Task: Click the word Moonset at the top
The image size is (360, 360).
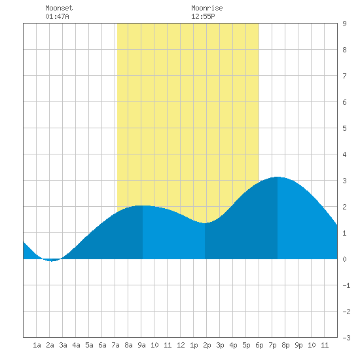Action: pyautogui.click(x=59, y=8)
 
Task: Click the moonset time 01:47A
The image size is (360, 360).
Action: pyautogui.click(x=57, y=16)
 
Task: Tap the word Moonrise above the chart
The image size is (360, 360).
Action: pyautogui.click(x=207, y=8)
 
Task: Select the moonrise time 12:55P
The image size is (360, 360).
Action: pyautogui.click(x=203, y=16)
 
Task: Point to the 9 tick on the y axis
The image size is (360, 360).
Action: pyautogui.click(x=344, y=24)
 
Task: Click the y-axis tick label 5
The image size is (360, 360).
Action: pyautogui.click(x=344, y=128)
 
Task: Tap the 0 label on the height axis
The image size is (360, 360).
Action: pyautogui.click(x=344, y=259)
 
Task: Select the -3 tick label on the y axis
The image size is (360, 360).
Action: pyautogui.click(x=346, y=338)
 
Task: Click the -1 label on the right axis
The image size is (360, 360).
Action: pyautogui.click(x=346, y=285)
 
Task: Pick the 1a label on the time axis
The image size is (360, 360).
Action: pyautogui.click(x=37, y=345)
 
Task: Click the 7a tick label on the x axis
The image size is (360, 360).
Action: pyautogui.click(x=115, y=345)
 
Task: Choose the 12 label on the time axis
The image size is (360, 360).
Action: pyautogui.click(x=181, y=345)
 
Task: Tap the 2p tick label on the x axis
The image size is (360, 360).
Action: pyautogui.click(x=207, y=345)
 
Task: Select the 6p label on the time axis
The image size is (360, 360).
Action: pyautogui.click(x=259, y=345)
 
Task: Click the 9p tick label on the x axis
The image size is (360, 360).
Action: pyautogui.click(x=298, y=345)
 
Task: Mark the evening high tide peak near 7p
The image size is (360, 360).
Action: pyautogui.click(x=278, y=177)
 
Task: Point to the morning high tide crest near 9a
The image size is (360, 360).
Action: pyautogui.click(x=142, y=206)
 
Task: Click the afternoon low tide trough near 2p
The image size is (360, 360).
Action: pyautogui.click(x=205, y=223)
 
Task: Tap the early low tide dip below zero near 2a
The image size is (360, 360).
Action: pyautogui.click(x=52, y=261)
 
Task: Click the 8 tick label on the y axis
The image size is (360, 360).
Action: pyautogui.click(x=344, y=50)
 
